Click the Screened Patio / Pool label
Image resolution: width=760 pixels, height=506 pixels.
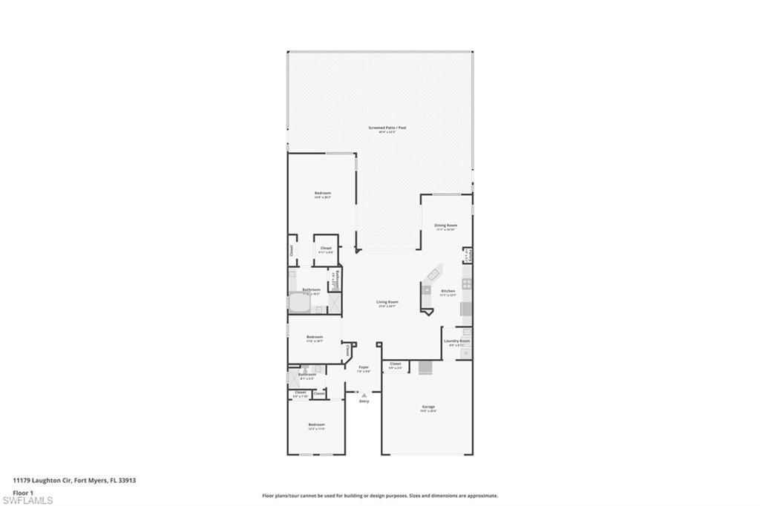click(387, 128)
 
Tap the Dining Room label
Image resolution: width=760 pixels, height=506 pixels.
click(445, 225)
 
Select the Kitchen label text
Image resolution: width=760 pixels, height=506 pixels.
click(448, 291)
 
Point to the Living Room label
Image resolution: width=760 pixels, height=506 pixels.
click(387, 302)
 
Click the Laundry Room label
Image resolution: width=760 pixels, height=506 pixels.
click(456, 341)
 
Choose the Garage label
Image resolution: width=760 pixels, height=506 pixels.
click(428, 407)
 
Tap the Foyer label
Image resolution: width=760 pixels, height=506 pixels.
click(364, 367)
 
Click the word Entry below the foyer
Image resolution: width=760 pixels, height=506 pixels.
click(364, 401)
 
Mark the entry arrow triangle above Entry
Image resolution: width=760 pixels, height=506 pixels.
click(364, 395)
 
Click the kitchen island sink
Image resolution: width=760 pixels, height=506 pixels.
click(427, 289)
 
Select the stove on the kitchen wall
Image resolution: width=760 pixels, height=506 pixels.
click(466, 283)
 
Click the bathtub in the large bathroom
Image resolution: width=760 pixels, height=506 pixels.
click(301, 303)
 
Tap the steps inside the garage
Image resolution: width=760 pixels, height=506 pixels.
click(425, 368)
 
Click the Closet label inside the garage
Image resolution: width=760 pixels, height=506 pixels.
click(395, 364)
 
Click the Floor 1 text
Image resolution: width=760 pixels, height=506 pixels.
click(24, 492)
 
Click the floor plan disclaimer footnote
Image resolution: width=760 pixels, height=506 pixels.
click(380, 496)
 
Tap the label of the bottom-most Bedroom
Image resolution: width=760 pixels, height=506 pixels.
click(317, 425)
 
